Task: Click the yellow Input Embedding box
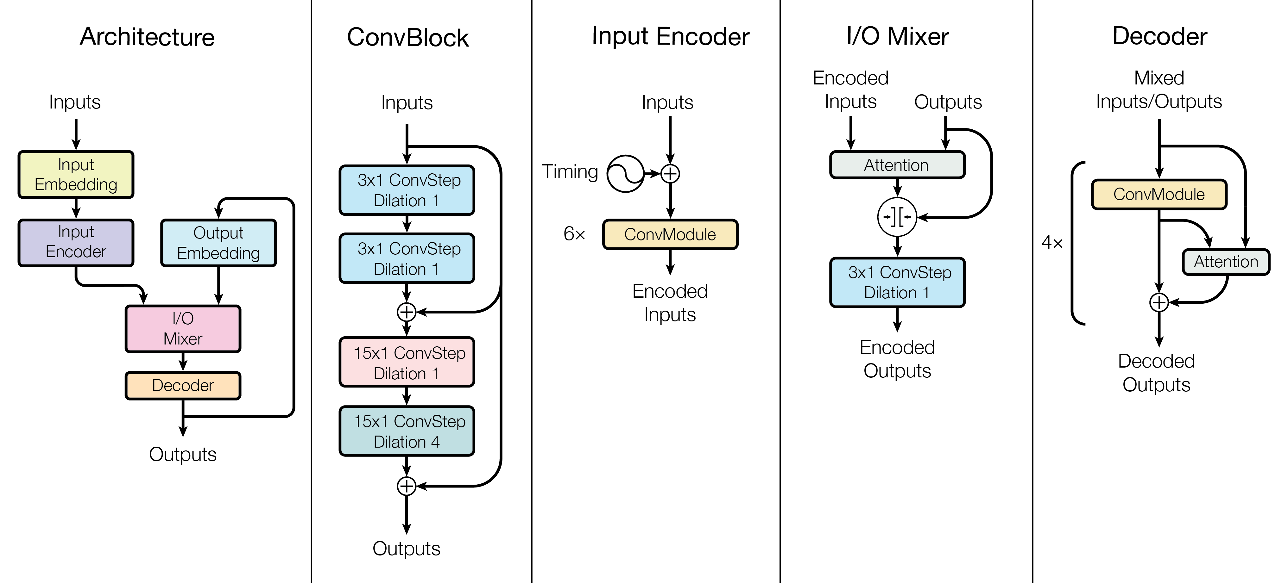(x=76, y=174)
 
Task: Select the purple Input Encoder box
(x=76, y=242)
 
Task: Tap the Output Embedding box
(x=218, y=243)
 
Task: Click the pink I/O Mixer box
(x=183, y=329)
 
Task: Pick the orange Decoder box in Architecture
(x=183, y=385)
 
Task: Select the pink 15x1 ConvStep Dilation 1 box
(x=407, y=362)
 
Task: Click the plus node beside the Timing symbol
(x=670, y=173)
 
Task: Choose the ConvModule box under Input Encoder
(x=670, y=234)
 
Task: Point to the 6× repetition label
(x=574, y=234)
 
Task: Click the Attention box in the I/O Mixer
(x=898, y=165)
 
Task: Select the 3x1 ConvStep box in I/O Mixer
(x=898, y=282)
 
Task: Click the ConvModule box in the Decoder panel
(x=1159, y=194)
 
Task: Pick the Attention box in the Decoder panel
(x=1226, y=262)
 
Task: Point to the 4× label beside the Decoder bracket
(x=1052, y=243)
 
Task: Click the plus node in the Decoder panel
(x=1159, y=302)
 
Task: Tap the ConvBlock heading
(x=408, y=37)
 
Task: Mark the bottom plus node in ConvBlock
(x=407, y=486)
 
